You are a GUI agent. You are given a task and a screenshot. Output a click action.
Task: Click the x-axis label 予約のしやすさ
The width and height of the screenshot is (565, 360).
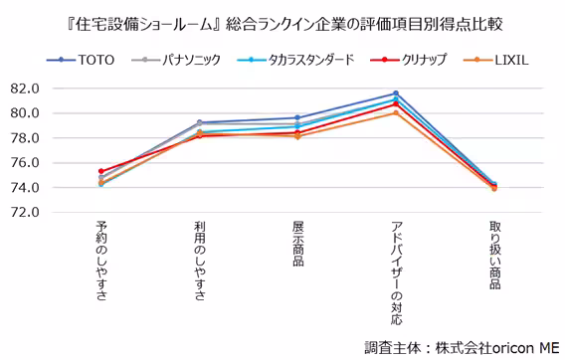click(x=101, y=261)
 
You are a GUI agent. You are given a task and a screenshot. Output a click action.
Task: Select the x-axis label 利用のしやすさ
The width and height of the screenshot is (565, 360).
click(x=199, y=261)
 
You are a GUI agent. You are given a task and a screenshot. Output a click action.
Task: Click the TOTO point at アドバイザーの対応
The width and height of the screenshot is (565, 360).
click(x=396, y=93)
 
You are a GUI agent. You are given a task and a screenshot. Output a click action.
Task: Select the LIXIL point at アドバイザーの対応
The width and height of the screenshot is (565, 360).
click(x=396, y=113)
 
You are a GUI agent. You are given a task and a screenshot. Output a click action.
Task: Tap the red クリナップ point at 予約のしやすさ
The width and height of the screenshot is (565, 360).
click(x=101, y=171)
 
